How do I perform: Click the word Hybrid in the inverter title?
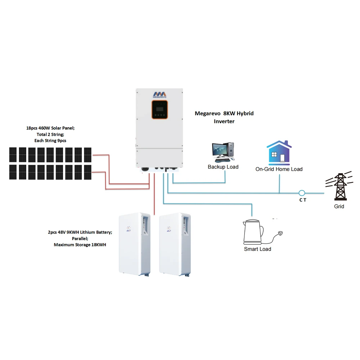tap(245, 113)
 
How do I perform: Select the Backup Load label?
tap(223, 167)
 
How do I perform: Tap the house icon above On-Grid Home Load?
tap(279, 152)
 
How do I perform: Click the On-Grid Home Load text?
tap(279, 169)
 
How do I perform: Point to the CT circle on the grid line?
tap(302, 193)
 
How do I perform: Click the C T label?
tap(303, 200)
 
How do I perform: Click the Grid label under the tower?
tap(339, 207)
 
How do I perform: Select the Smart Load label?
tap(257, 249)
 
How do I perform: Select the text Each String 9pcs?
tap(50, 140)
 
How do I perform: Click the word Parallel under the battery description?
tap(80, 239)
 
